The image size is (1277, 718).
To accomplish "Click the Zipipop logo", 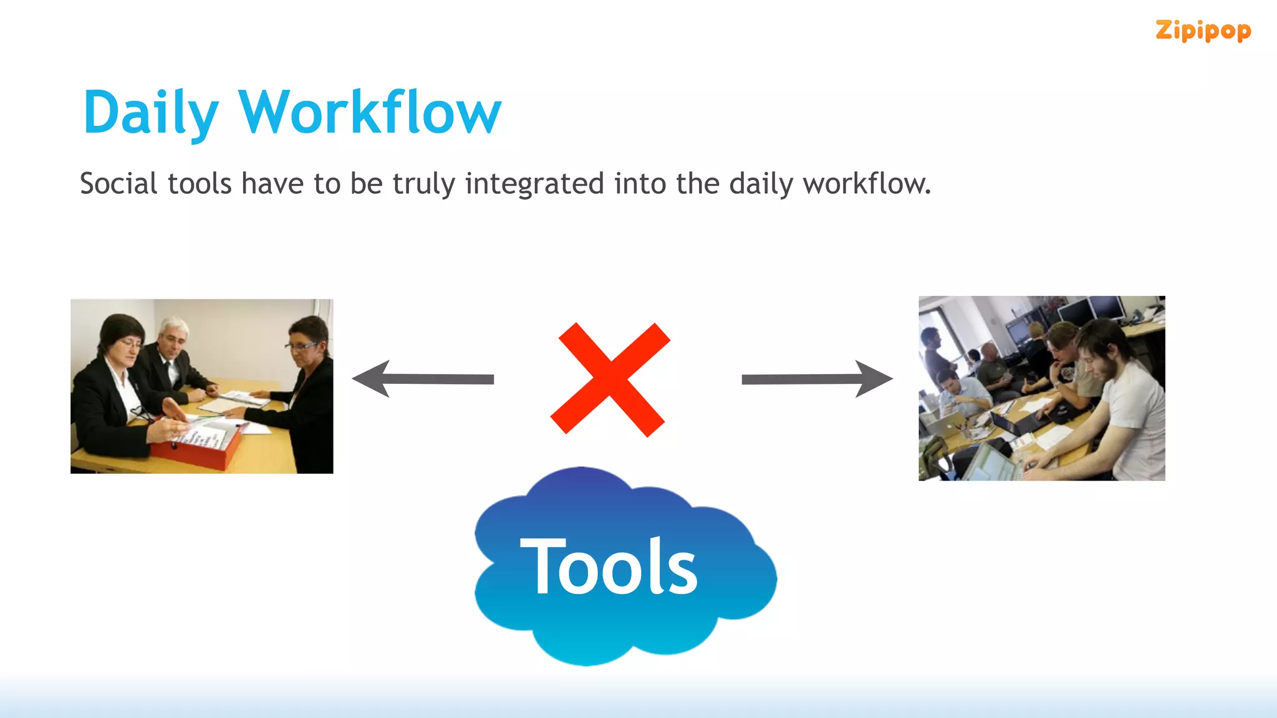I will pyautogui.click(x=1203, y=30).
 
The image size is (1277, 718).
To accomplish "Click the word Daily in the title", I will pyautogui.click(x=150, y=113).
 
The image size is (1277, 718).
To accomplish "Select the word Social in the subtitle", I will pyautogui.click(x=118, y=184).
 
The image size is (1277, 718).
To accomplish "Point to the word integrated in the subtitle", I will pyautogui.click(x=534, y=184).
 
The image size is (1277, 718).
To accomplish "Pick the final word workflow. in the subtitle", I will pyautogui.click(x=867, y=184).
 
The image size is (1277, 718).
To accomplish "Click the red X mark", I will pyautogui.click(x=610, y=379).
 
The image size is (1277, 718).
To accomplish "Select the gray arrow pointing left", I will pyautogui.click(x=423, y=378).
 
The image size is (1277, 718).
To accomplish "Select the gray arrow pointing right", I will pyautogui.click(x=817, y=378).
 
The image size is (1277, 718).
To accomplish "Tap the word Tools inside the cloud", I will pyautogui.click(x=609, y=567).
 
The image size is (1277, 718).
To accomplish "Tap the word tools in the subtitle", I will pyautogui.click(x=200, y=184).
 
